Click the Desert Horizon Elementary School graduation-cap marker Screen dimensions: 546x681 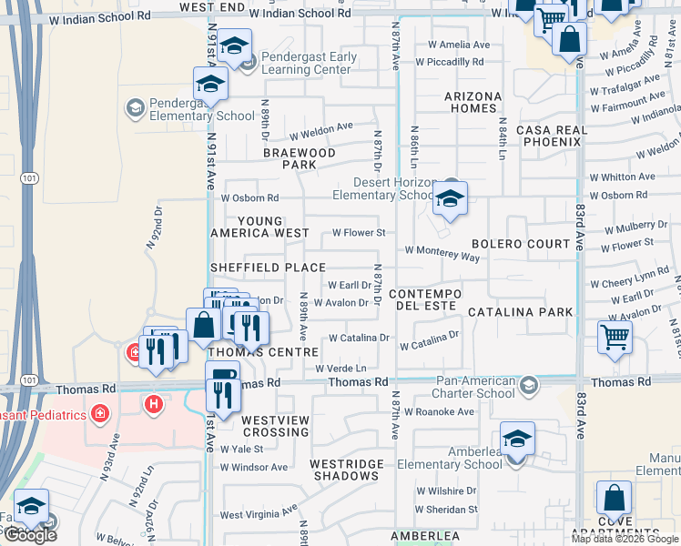449,198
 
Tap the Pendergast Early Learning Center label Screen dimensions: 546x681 309,63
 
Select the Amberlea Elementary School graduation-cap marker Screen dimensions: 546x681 517,440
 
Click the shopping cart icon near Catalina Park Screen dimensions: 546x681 615,337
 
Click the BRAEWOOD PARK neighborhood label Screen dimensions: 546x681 300,158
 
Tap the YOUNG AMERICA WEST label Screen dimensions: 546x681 259,227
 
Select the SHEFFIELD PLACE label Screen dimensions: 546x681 268,268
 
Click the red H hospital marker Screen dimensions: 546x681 153,402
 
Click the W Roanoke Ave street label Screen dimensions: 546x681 440,411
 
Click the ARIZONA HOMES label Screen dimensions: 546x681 473,102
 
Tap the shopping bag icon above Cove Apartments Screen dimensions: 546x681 614,499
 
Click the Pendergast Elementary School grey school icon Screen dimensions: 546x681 136,108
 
